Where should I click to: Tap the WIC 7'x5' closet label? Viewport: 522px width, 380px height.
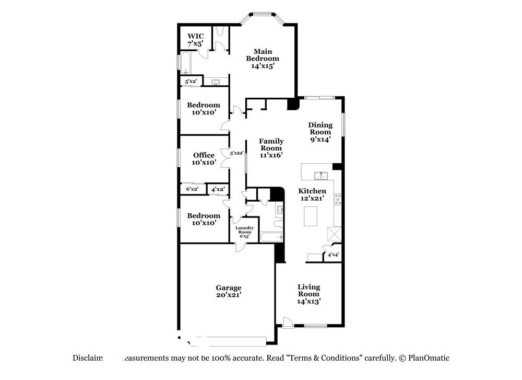[x=195, y=40]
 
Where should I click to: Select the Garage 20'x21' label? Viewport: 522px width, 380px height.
[x=229, y=291]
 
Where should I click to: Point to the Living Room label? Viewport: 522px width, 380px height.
[x=309, y=294]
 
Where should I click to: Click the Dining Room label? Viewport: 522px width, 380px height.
[x=320, y=132]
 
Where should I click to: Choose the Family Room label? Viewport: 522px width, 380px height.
[x=271, y=148]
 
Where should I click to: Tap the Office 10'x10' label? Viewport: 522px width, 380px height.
[x=204, y=159]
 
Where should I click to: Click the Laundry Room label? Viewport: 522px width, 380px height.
[x=244, y=231]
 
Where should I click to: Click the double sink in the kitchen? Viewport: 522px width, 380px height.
[x=321, y=176]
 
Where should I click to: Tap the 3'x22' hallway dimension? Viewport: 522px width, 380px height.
[x=237, y=153]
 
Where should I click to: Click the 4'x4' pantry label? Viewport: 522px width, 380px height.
[x=333, y=255]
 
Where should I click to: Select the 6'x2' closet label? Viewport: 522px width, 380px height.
[x=192, y=189]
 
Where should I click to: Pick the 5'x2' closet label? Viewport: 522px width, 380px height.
[x=191, y=82]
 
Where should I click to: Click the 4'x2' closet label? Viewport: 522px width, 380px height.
[x=218, y=189]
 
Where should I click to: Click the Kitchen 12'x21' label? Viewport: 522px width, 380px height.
[x=312, y=194]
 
